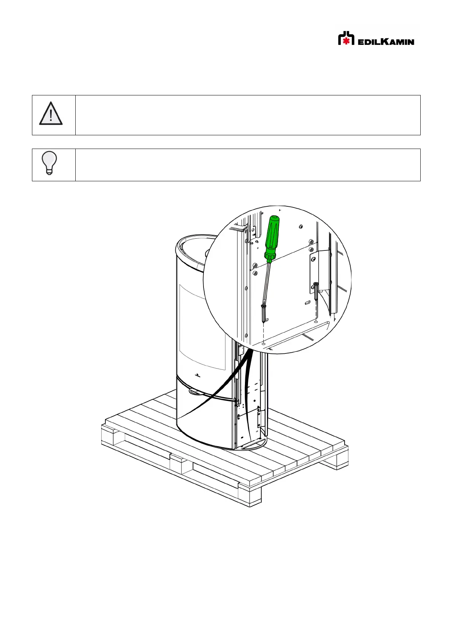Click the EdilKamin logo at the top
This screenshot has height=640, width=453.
pos(376,38)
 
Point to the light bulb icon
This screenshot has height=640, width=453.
pos(49,163)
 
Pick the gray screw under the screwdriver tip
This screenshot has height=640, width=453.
pos(263,314)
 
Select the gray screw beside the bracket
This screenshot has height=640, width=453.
pos(316,291)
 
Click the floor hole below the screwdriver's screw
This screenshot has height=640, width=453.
pos(263,344)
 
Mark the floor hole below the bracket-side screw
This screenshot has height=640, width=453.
pos(315,322)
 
